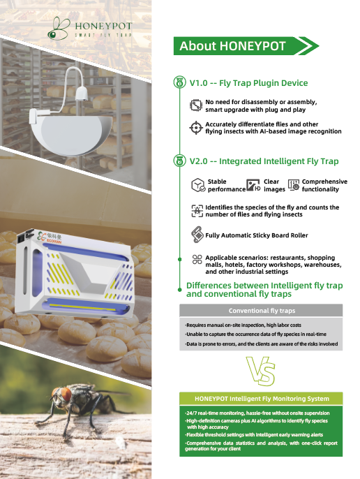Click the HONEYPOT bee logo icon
click(x=59, y=29)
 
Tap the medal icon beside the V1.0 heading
click(x=179, y=82)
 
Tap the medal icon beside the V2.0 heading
click(x=179, y=161)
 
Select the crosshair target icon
click(x=196, y=128)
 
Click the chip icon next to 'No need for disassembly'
click(x=196, y=105)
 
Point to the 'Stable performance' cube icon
click(x=198, y=185)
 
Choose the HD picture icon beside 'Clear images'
click(x=253, y=185)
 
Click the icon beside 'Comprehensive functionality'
click(x=294, y=185)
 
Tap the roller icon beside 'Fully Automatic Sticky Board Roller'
click(x=197, y=235)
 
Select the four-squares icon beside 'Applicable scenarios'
click(x=197, y=259)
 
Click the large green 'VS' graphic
click(x=261, y=371)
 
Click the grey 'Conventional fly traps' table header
click(x=261, y=311)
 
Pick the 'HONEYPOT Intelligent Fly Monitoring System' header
click(x=261, y=399)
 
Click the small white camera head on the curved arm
click(x=82, y=93)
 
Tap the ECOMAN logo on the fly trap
click(x=50, y=237)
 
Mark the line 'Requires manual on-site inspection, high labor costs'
click(x=243, y=325)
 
